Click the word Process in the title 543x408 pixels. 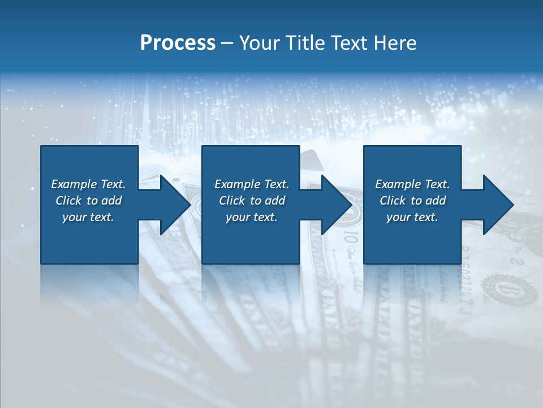(178, 43)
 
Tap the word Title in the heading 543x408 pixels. (306, 43)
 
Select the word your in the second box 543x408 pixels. (238, 217)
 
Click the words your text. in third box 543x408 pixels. (412, 217)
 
